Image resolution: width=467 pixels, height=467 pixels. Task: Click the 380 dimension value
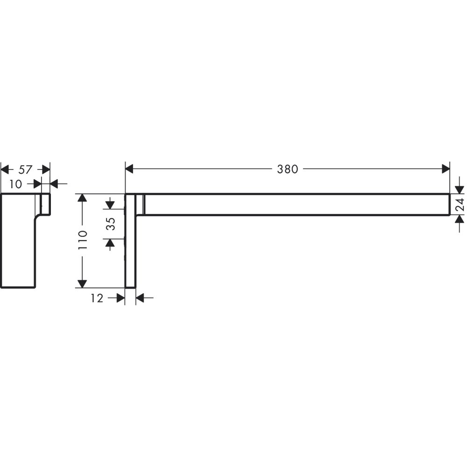tap(287, 169)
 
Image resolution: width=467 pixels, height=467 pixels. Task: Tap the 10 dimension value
tap(15, 184)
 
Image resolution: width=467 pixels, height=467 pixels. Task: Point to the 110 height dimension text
tap(83, 241)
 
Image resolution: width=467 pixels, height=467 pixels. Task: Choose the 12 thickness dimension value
tap(97, 298)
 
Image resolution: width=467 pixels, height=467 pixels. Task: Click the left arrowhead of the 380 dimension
tap(130, 169)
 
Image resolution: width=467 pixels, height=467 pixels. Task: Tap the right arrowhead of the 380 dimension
tap(445, 169)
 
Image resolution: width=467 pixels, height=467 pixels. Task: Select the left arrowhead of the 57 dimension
tap(5, 169)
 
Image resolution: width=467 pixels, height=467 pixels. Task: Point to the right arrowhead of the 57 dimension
tap(46, 169)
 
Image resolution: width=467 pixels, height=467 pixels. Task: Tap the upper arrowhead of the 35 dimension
tap(111, 204)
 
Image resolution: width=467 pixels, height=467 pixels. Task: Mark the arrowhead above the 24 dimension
tap(460, 189)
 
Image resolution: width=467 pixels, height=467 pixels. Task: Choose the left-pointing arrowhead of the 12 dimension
tap(140, 297)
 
